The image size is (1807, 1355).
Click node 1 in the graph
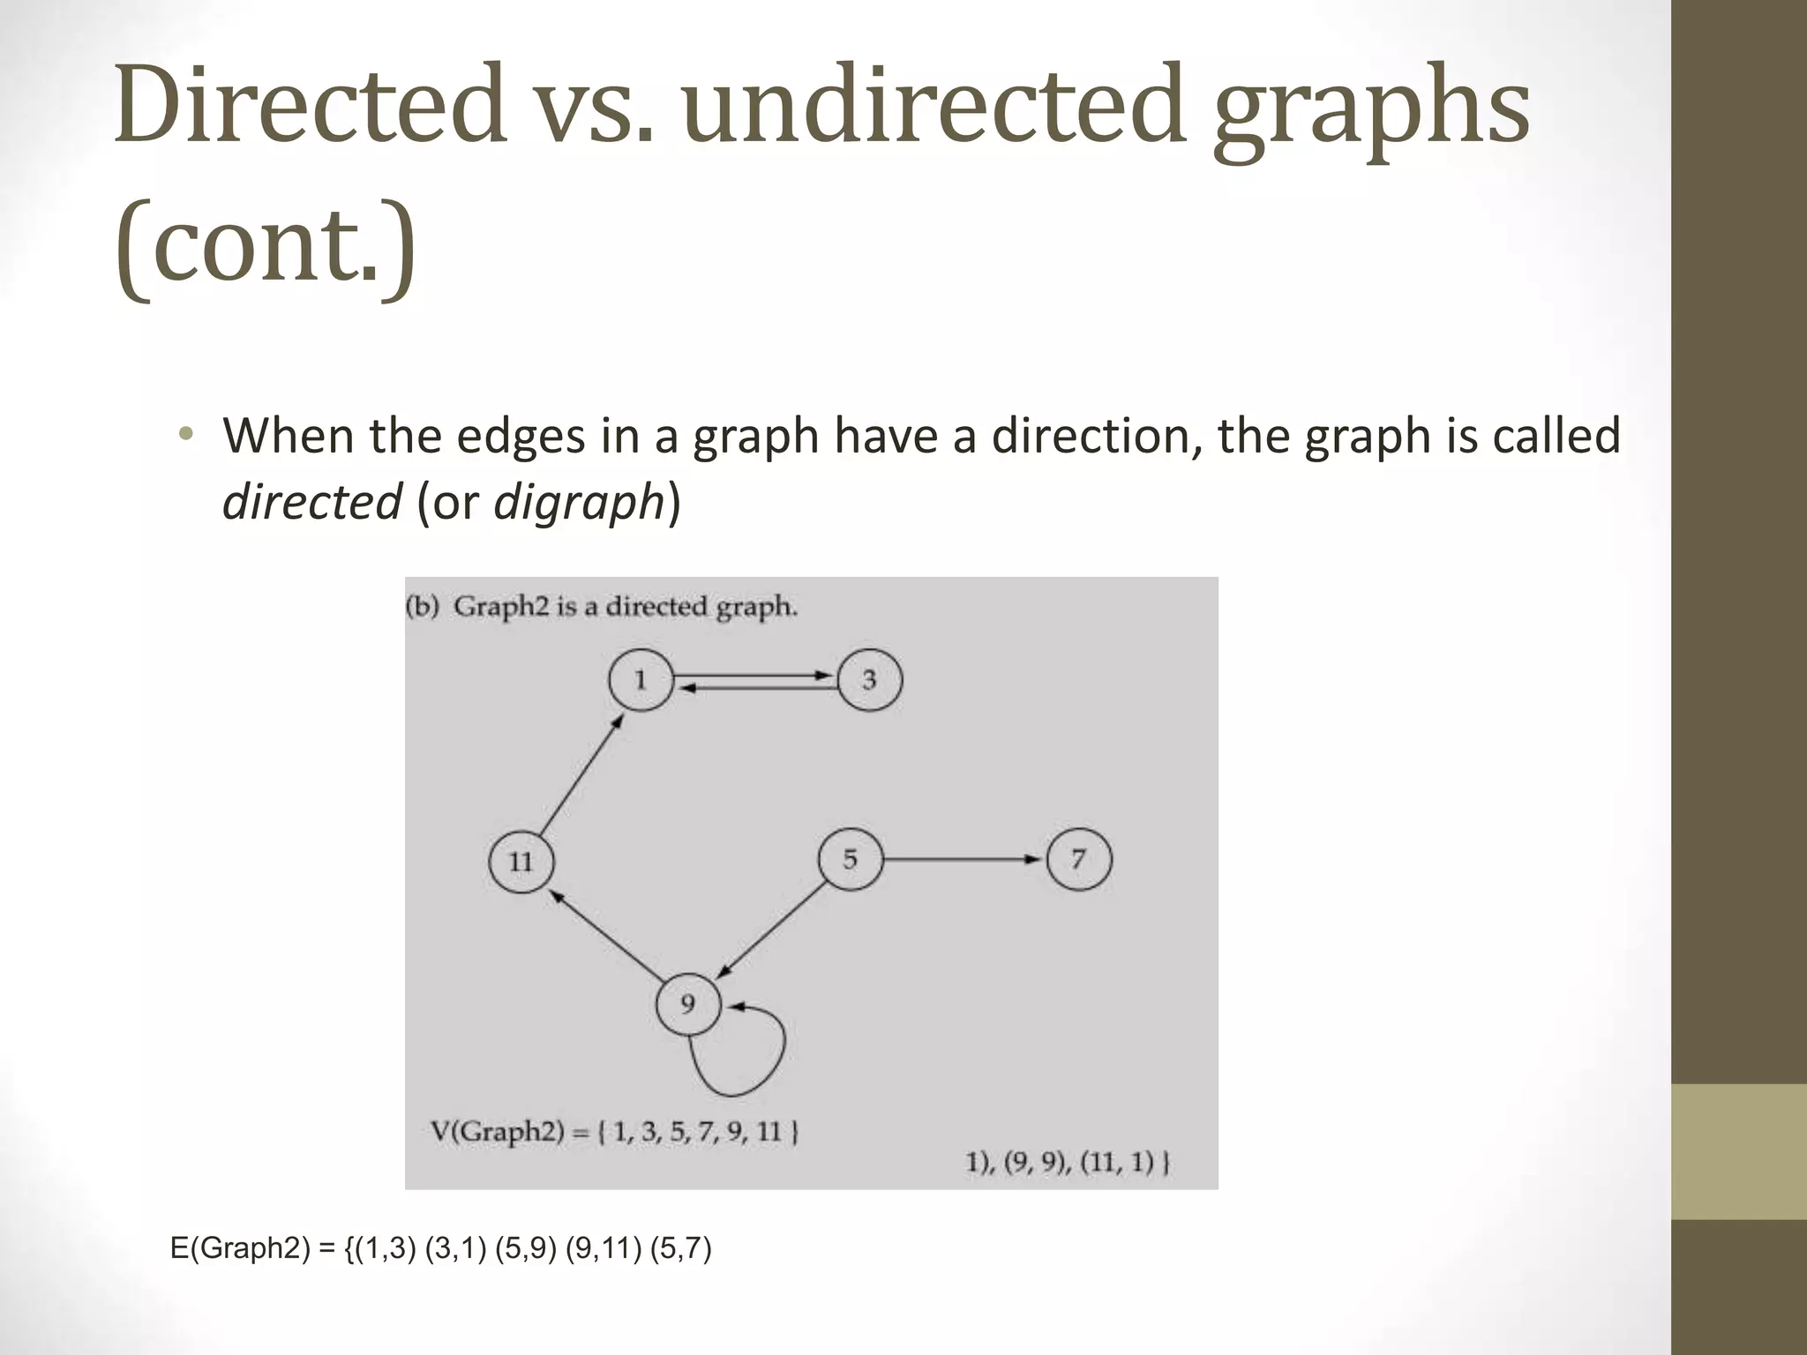click(641, 680)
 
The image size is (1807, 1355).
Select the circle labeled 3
click(869, 680)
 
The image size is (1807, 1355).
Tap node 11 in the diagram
click(521, 861)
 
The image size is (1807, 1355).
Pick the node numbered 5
click(850, 859)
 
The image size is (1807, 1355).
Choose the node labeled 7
click(1079, 859)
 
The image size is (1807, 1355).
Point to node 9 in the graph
click(688, 1004)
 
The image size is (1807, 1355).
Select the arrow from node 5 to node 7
click(962, 859)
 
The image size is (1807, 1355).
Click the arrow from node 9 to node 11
click(607, 934)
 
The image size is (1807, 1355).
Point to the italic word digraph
click(578, 503)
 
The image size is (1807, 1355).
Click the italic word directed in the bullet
click(311, 503)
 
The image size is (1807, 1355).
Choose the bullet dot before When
click(184, 435)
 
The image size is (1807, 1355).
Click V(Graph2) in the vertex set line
click(497, 1131)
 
